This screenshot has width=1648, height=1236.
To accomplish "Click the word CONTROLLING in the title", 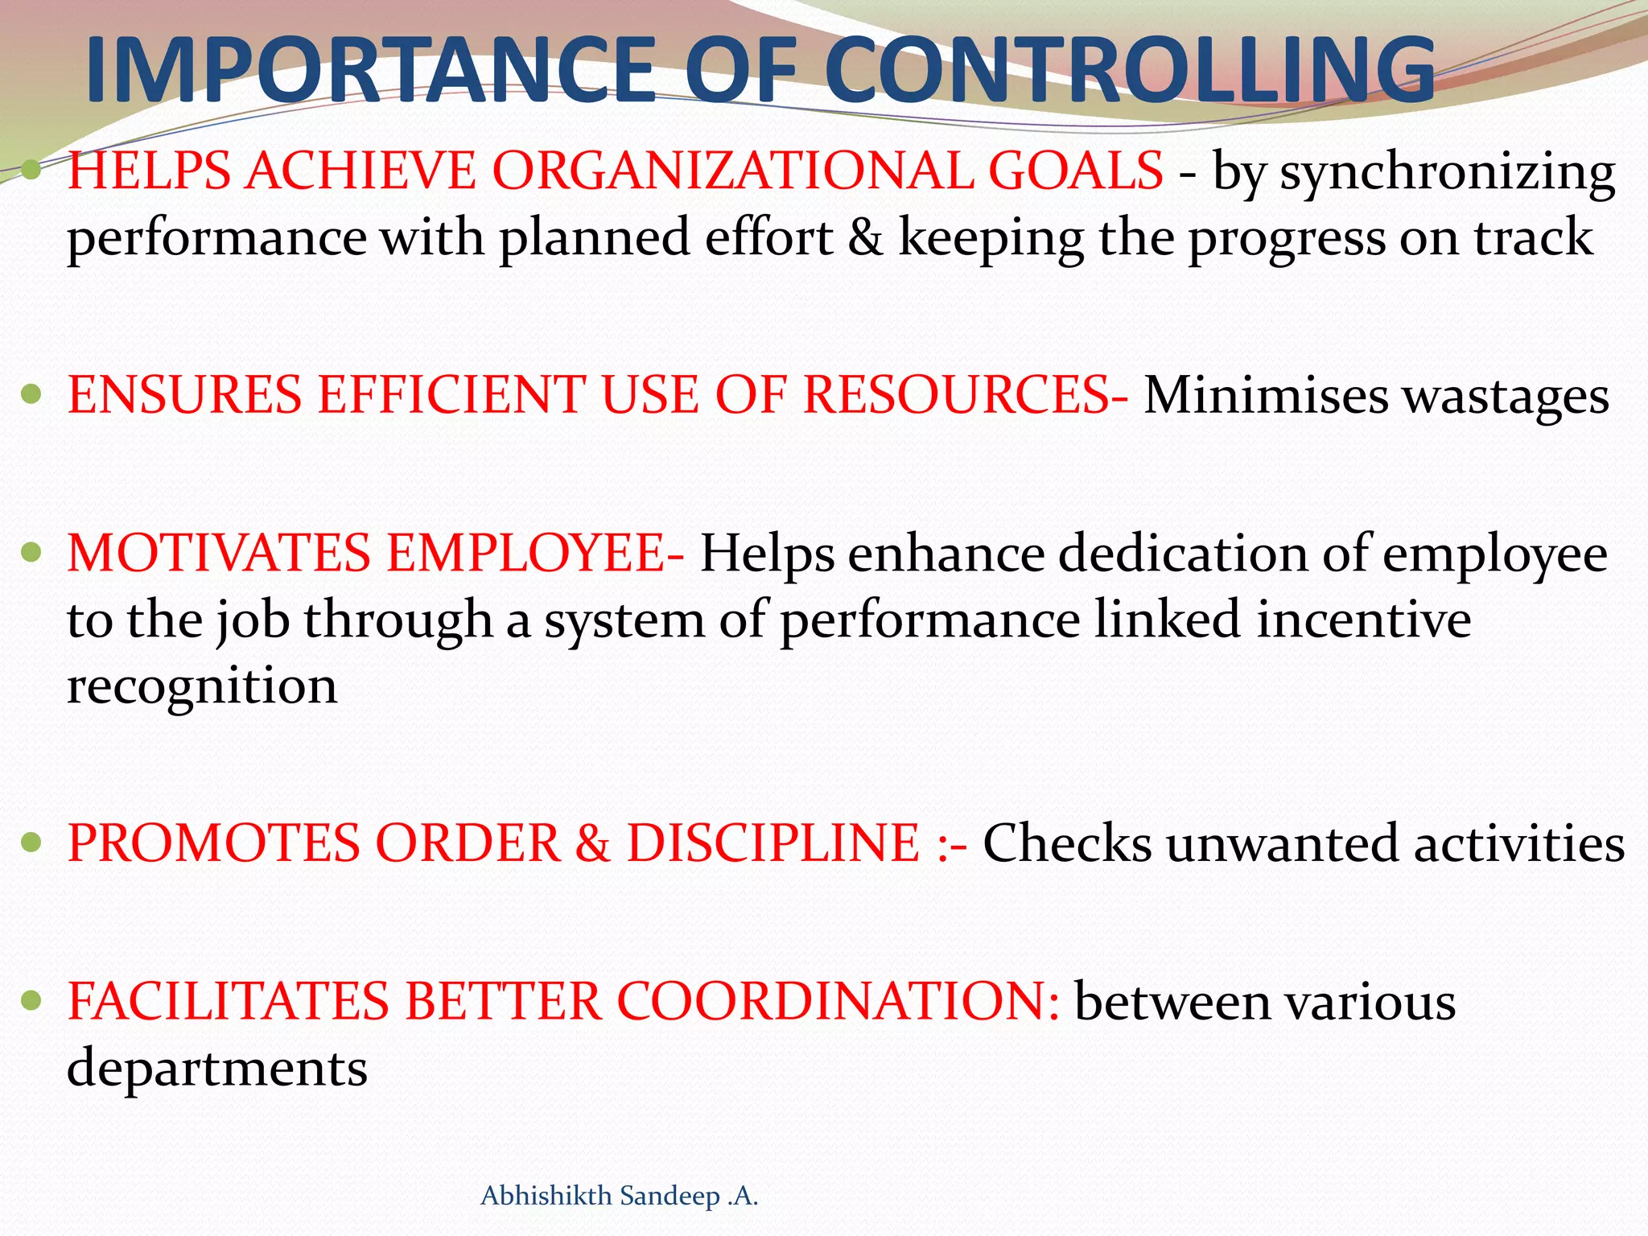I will pyautogui.click(x=1130, y=70).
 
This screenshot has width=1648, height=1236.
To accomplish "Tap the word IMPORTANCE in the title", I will pyautogui.click(x=370, y=70).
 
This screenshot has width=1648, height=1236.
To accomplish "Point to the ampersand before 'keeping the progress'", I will pyautogui.click(x=865, y=238).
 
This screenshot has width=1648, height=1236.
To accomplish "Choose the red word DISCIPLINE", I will pyautogui.click(x=772, y=843).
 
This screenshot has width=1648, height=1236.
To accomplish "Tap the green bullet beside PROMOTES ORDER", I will pyautogui.click(x=31, y=843).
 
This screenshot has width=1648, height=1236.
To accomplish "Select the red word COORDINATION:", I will pyautogui.click(x=838, y=1002).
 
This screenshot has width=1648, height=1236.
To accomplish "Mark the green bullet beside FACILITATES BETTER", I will pyautogui.click(x=31, y=1001).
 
